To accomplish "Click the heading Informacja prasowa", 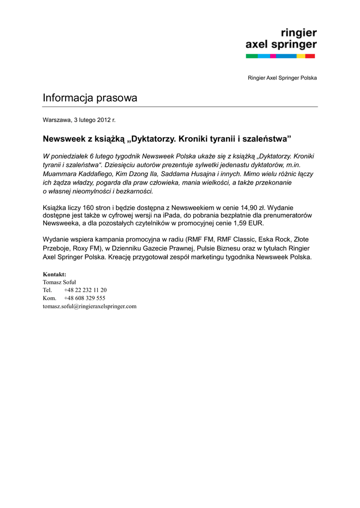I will click(90, 98).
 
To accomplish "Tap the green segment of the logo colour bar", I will click(252, 56).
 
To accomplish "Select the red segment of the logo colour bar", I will click(310, 56).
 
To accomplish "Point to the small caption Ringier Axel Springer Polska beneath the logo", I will click(282, 78).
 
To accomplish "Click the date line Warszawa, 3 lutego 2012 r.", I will click(79, 120).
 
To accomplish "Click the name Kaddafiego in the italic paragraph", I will click(96, 174).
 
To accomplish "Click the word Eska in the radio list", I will click(267, 239).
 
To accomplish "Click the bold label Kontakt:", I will click(55, 274).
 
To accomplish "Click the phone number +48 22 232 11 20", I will click(85, 290).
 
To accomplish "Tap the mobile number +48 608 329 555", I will click(84, 298).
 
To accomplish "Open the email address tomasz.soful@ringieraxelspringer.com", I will click(89, 306).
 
